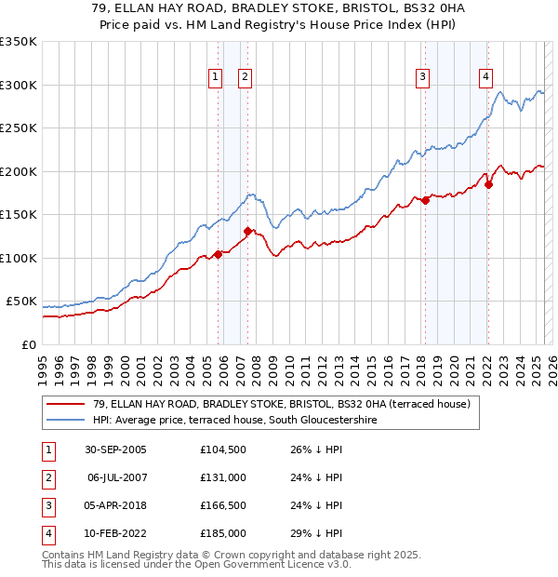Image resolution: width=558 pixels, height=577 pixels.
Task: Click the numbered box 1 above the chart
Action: [x=216, y=77]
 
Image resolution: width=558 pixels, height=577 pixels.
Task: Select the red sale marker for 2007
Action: [x=247, y=231]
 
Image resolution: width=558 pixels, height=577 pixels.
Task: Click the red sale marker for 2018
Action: [x=425, y=200]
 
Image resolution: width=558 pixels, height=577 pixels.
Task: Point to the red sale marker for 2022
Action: [x=488, y=184]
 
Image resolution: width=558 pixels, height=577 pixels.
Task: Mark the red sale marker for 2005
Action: [x=219, y=254]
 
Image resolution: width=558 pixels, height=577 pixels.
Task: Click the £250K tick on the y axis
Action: [x=20, y=128]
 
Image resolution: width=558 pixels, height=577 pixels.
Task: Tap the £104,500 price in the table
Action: [x=223, y=450]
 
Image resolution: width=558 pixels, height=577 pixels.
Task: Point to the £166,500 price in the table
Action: [x=223, y=505]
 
